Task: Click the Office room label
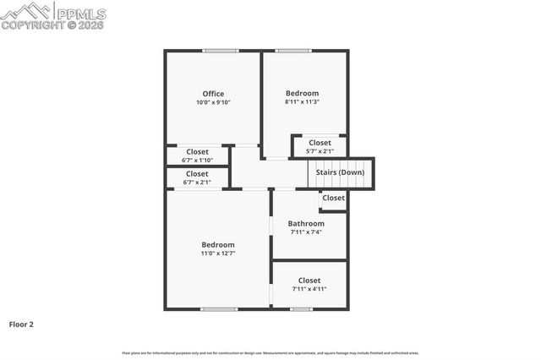pos(212,93)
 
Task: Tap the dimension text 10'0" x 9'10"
pos(212,102)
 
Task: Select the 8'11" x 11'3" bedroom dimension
pos(302,102)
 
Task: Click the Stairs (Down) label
pos(340,172)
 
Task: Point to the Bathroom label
pos(306,224)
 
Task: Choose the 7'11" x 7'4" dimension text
pos(306,232)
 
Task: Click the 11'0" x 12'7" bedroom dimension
pos(217,254)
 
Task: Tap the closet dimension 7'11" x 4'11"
pos(309,289)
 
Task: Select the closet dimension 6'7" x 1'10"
pos(197,161)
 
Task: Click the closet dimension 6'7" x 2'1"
pos(197,182)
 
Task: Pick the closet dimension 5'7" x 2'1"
pos(320,151)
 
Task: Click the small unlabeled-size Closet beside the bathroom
pos(333,198)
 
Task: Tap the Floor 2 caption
pos(21,324)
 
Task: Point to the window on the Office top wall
pos(219,51)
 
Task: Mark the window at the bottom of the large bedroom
pos(219,309)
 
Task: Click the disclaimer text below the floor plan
pos(270,352)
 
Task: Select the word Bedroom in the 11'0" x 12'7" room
pos(217,244)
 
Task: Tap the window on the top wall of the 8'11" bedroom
pos(292,51)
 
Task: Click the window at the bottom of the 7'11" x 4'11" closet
pos(302,309)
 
